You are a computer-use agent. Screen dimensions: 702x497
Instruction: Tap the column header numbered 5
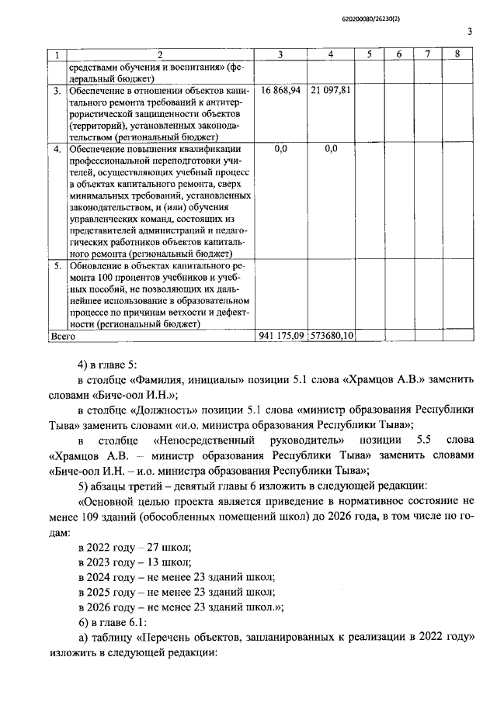[x=370, y=54]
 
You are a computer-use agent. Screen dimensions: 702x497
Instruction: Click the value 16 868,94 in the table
[x=281, y=91]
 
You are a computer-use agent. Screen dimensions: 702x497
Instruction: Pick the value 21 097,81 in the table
[x=331, y=91]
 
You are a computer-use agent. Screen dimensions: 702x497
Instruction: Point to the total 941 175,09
[x=281, y=337]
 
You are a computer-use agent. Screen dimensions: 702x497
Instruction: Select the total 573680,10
[x=332, y=337]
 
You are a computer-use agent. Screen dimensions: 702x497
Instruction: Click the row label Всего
[x=62, y=337]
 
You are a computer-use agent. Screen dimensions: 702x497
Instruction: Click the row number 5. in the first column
[x=56, y=265]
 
